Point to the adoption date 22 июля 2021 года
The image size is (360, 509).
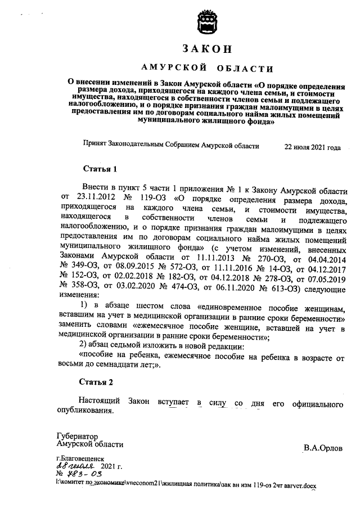tap(312, 147)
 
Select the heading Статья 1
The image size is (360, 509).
tap(100, 169)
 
